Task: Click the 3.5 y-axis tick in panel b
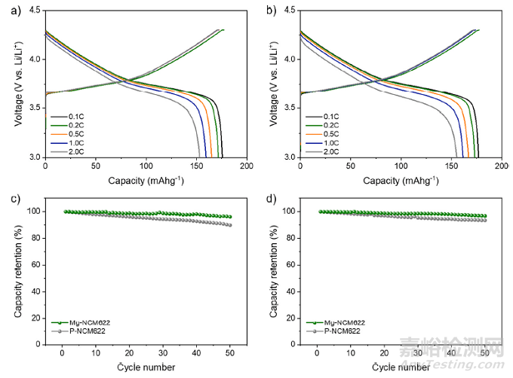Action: pos(289,108)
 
